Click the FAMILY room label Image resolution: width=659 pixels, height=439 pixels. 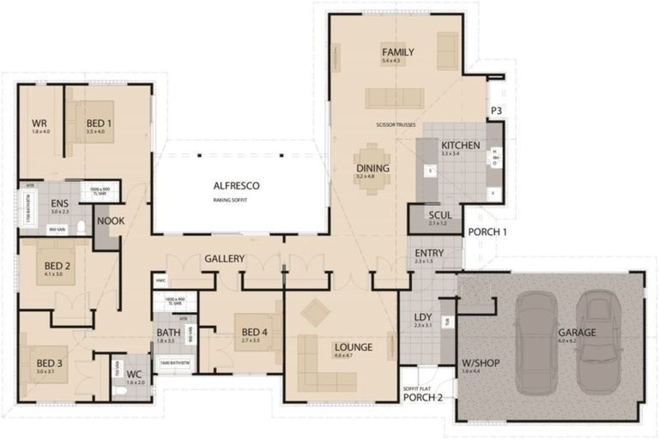(392, 52)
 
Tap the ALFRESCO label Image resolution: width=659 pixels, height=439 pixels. (236, 186)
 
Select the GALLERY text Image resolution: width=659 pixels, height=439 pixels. (225, 259)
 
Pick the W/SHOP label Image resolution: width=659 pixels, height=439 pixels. (481, 363)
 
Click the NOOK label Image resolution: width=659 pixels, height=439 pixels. (109, 221)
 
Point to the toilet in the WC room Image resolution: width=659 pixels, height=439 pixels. (121, 391)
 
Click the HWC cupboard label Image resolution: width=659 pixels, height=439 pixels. (160, 280)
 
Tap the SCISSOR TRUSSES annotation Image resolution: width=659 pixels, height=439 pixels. (396, 125)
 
